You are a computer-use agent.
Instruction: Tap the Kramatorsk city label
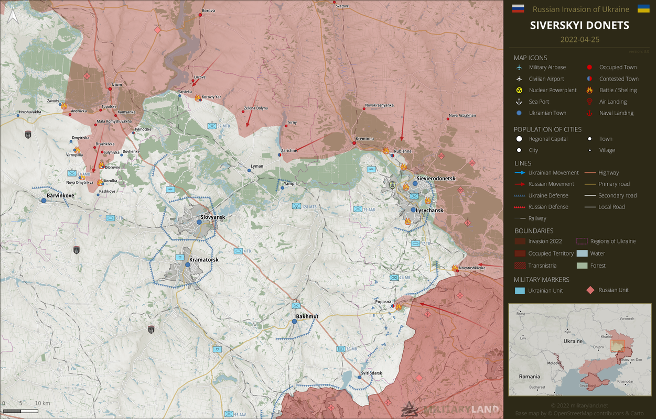click(204, 259)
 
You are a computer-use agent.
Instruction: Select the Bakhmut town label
click(307, 316)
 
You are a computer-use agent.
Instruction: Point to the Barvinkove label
click(60, 195)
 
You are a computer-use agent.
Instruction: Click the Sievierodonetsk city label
click(436, 179)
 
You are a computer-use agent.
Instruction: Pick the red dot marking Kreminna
click(354, 143)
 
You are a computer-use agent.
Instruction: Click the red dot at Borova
click(200, 15)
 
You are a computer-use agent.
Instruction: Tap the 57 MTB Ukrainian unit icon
click(211, 126)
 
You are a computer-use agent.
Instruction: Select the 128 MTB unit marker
click(296, 206)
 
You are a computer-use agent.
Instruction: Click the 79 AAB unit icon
click(358, 209)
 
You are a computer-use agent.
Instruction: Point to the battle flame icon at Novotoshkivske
click(454, 268)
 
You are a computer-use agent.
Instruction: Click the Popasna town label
click(383, 302)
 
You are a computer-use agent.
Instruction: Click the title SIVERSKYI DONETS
click(579, 25)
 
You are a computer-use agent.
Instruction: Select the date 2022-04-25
click(579, 40)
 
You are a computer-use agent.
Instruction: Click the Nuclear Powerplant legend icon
click(519, 90)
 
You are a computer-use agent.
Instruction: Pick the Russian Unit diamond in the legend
click(590, 290)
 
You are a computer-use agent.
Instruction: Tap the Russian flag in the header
click(518, 8)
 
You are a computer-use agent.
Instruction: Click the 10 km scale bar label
click(42, 403)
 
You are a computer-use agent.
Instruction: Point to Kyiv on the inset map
click(567, 332)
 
